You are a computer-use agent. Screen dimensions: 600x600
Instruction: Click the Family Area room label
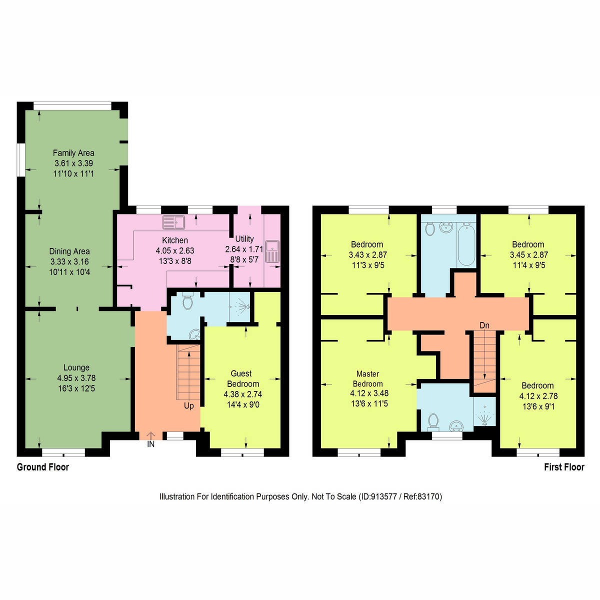(x=73, y=153)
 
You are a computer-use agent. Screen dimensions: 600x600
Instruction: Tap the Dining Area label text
(x=69, y=251)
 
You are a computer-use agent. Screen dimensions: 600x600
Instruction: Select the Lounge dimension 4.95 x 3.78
(x=76, y=378)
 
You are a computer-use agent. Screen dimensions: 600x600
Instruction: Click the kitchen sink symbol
(x=173, y=221)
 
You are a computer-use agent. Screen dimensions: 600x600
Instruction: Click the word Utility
(x=244, y=239)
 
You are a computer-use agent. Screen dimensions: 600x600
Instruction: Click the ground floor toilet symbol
(x=188, y=301)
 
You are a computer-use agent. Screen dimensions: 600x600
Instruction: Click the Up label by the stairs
(x=188, y=405)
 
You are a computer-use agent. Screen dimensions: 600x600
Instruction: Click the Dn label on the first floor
(x=484, y=325)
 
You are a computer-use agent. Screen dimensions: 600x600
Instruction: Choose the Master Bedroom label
(x=367, y=378)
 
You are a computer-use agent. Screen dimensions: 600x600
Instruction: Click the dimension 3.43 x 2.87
(x=367, y=255)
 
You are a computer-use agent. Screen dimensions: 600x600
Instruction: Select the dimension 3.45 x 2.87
(x=528, y=255)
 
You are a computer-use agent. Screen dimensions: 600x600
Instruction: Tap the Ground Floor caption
(x=43, y=467)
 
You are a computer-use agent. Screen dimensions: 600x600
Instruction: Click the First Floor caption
(x=564, y=467)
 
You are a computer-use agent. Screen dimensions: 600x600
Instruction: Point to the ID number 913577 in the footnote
(x=382, y=496)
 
